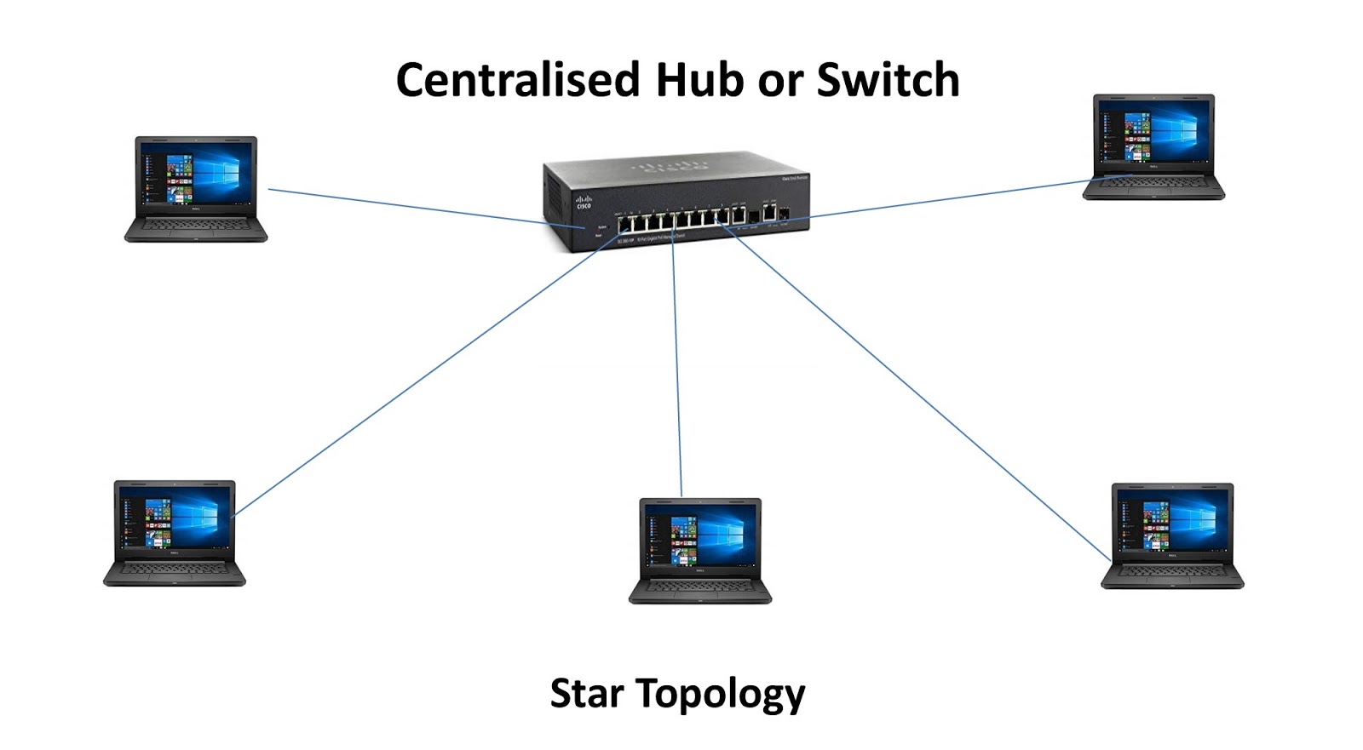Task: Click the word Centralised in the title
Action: (x=517, y=80)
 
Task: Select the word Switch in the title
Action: (x=888, y=80)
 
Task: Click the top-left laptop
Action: (x=196, y=188)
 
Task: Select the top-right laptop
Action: (x=1153, y=146)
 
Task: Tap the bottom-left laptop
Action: (x=175, y=532)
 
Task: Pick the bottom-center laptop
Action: (x=699, y=550)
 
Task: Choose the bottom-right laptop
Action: (x=1172, y=535)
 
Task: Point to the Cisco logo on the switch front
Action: (x=584, y=203)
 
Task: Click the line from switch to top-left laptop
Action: (x=409, y=206)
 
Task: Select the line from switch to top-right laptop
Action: (x=946, y=198)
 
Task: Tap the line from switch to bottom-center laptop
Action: (x=677, y=366)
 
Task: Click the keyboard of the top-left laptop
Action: (x=196, y=226)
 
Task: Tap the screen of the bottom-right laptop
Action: (x=1172, y=522)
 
